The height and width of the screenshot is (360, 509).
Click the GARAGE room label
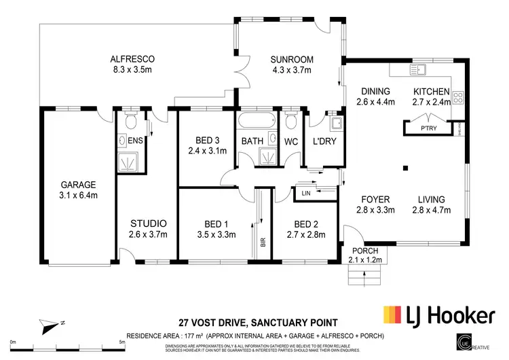pyautogui.click(x=79, y=184)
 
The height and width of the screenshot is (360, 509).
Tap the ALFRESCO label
pyautogui.click(x=134, y=58)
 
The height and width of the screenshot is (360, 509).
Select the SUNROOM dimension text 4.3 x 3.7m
pyautogui.click(x=288, y=69)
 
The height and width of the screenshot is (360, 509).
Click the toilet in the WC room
pyautogui.click(x=291, y=122)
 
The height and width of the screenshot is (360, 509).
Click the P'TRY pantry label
pyautogui.click(x=428, y=127)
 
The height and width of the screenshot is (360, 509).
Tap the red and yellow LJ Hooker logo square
pyautogui.click(x=392, y=315)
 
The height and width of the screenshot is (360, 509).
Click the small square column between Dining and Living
pyautogui.click(x=404, y=168)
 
